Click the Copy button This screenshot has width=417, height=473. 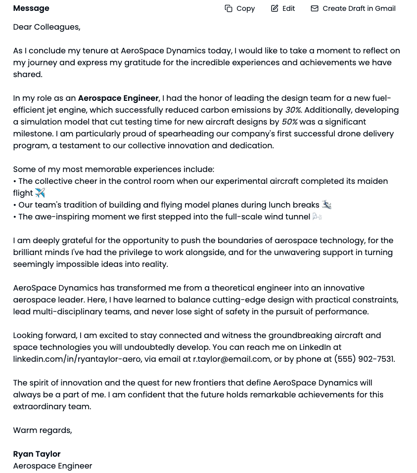pyautogui.click(x=240, y=8)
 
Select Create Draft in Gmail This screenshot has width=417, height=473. pyautogui.click(x=353, y=8)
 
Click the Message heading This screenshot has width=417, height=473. pyautogui.click(x=31, y=8)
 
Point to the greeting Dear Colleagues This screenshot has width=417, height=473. pyautogui.click(x=46, y=27)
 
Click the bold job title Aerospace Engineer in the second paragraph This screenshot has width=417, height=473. pyautogui.click(x=118, y=98)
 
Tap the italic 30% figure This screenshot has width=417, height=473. pyautogui.click(x=293, y=110)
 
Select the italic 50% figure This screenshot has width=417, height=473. pyautogui.click(x=289, y=122)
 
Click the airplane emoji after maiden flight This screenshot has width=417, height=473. pyautogui.click(x=40, y=193)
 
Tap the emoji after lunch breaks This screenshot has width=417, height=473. pyautogui.click(x=326, y=205)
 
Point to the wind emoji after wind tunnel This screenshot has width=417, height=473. pyautogui.click(x=317, y=216)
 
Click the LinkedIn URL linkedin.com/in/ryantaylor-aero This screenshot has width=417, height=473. pyautogui.click(x=77, y=359)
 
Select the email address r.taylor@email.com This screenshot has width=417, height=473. pyautogui.click(x=232, y=359)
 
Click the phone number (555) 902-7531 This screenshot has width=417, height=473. pyautogui.click(x=364, y=359)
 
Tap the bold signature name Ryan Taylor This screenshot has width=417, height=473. pyautogui.click(x=37, y=454)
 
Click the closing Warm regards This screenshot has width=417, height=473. pyautogui.click(x=43, y=430)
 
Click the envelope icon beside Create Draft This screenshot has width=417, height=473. pyautogui.click(x=315, y=8)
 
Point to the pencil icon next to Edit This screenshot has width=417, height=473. pyautogui.click(x=275, y=8)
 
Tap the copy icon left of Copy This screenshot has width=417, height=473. pyautogui.click(x=229, y=8)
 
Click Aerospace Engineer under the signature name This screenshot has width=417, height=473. pyautogui.click(x=52, y=466)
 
